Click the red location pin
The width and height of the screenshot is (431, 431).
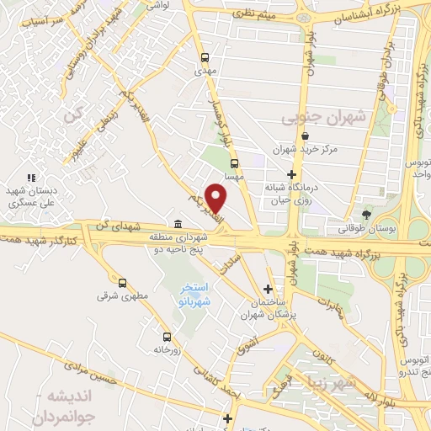216,198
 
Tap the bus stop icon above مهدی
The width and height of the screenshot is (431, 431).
205,58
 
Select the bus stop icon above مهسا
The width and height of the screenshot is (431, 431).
234,164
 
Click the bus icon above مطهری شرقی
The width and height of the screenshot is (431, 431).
123,283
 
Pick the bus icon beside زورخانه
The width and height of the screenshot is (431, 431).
166,335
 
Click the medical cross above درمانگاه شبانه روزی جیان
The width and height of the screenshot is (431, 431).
290,173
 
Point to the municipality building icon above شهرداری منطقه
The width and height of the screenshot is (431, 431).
178,223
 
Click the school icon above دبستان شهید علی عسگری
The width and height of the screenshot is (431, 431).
31,178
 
